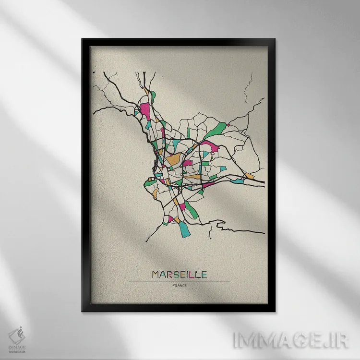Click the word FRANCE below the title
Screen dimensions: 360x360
tap(179, 287)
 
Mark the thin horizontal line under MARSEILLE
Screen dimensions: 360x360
tap(179, 281)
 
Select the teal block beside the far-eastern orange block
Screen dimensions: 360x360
tap(239, 181)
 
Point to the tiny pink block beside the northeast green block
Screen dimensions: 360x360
tap(229, 125)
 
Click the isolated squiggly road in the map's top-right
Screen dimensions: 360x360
tap(249, 91)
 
